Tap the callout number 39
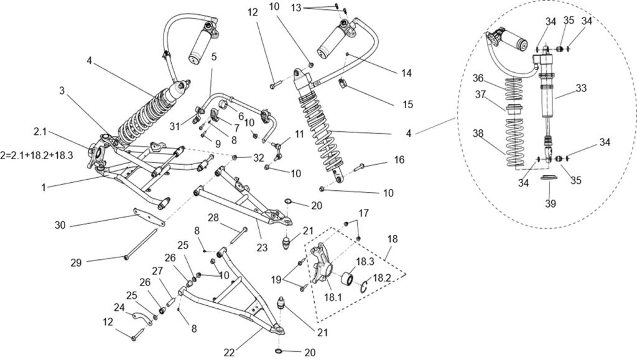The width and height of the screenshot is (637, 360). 549,203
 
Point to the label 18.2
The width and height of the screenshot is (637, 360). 381,279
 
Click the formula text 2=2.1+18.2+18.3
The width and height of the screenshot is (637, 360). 37,155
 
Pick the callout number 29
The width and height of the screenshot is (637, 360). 76,263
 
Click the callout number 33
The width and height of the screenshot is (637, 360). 580,88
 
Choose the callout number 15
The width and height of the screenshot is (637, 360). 407,104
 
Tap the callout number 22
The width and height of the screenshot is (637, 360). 229,353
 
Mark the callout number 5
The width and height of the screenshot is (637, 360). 213,56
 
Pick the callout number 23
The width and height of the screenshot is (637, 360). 263,247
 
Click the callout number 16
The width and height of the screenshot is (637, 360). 399,160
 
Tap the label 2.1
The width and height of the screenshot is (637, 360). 40,132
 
